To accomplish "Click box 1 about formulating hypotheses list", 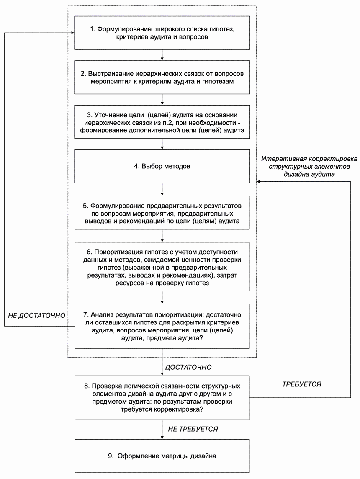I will [162, 33].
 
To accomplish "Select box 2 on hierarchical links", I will [162, 77].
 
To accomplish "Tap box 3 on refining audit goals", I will [162, 122].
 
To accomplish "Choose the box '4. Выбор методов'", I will [162, 166].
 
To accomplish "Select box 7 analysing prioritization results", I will [162, 326].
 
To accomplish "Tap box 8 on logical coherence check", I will [162, 397].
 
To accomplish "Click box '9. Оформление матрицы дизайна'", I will [162, 456].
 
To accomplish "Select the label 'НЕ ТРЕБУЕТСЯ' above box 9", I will [193, 429].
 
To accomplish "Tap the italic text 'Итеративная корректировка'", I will [309, 159].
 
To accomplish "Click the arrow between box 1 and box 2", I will [162, 55].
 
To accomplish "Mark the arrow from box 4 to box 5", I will [162, 189].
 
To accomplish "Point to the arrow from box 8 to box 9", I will [162, 430].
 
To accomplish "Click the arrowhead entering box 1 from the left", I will [72, 32].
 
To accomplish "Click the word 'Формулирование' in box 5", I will [113, 206].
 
